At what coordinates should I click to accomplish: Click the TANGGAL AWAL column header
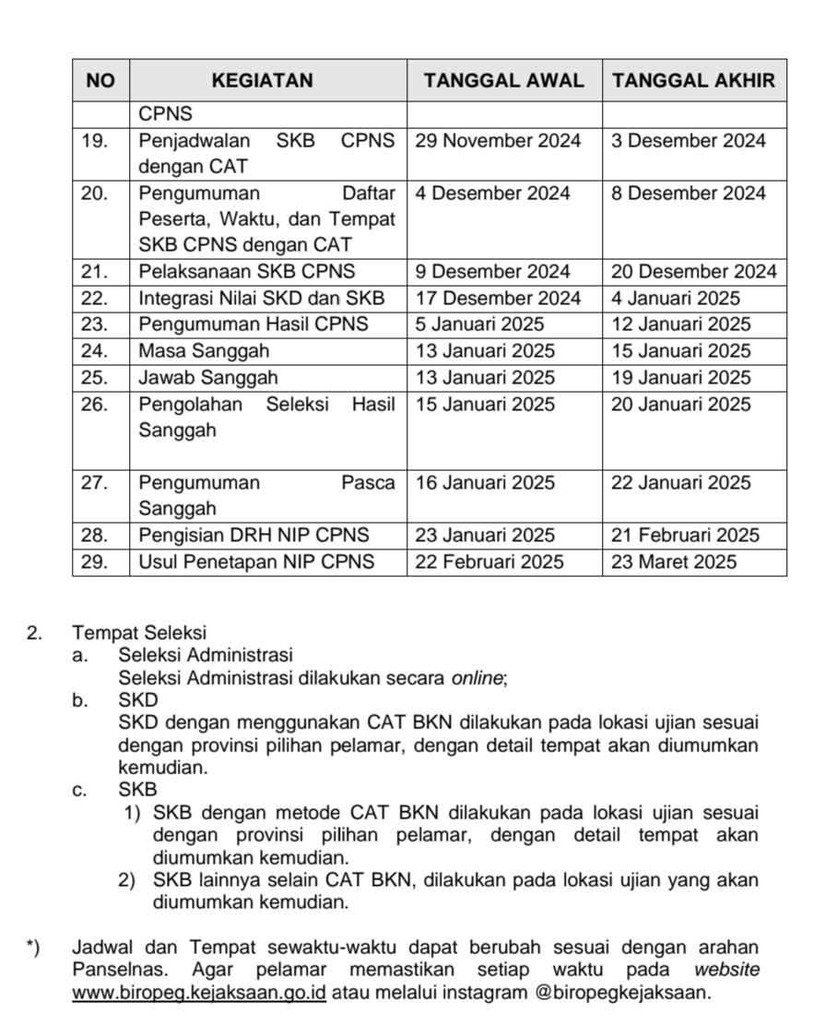pos(503,80)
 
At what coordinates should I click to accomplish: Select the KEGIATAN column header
pos(263,80)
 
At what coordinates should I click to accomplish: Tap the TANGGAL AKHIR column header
pos(693,80)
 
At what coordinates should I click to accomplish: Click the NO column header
pos(100,80)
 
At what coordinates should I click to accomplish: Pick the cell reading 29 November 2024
pos(498,141)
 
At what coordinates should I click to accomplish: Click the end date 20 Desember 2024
pos(694,272)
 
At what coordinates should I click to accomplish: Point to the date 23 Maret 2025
pos(674,561)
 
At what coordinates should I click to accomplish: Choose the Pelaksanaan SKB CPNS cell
pos(246,272)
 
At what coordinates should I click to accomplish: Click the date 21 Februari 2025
pos(685,536)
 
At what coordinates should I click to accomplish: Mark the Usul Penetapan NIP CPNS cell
pos(256,561)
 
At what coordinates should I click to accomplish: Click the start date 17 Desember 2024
pos(498,299)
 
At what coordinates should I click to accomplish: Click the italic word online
pos(477,678)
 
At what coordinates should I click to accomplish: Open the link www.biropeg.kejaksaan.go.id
pos(199,993)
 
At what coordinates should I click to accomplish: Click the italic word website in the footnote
pos(726,971)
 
